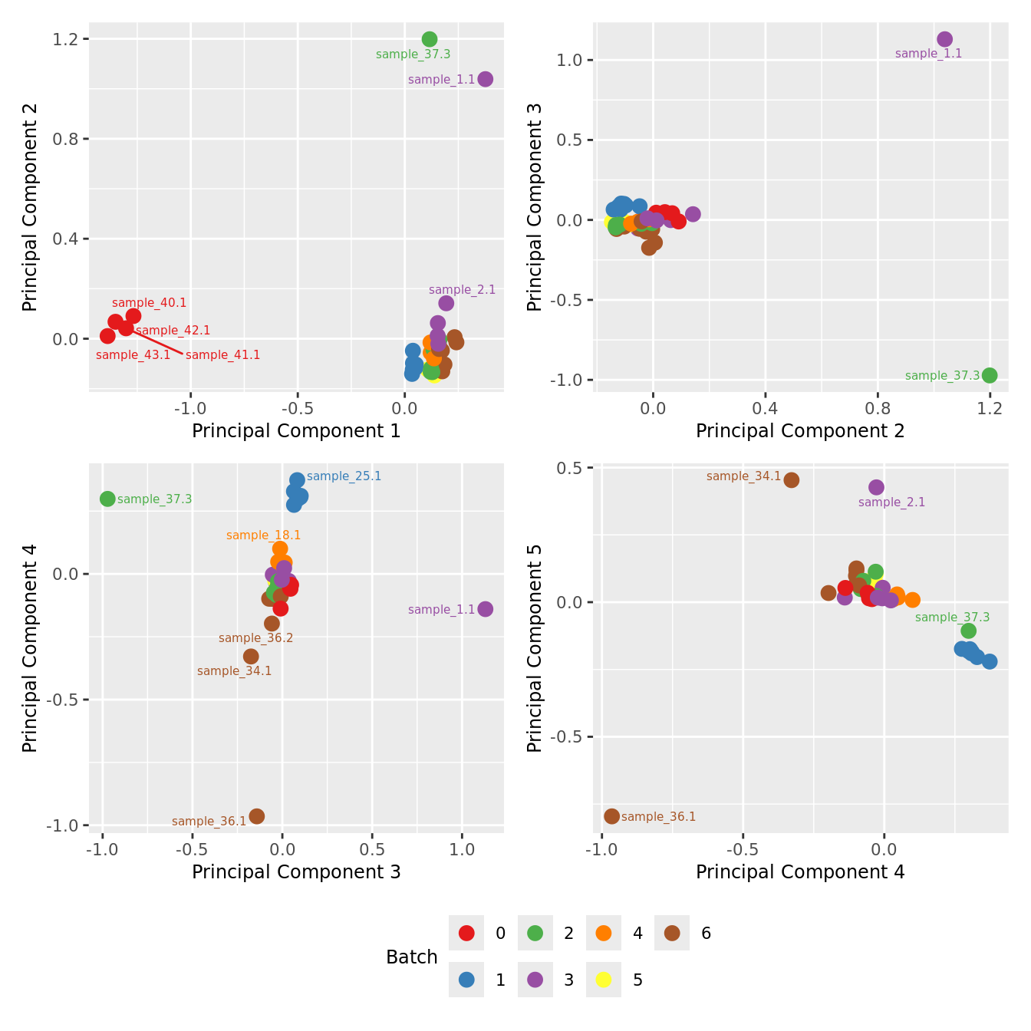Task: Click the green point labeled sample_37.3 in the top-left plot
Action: pos(430,39)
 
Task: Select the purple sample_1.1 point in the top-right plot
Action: pos(944,39)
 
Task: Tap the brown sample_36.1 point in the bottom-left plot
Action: pos(257,816)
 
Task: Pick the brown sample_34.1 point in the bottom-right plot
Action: pos(792,480)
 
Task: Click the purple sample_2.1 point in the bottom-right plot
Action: pos(876,487)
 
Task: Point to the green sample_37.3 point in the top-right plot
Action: pos(990,375)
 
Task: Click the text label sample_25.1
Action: pos(344,476)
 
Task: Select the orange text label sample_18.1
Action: pos(263,535)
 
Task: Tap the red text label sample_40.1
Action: pos(149,303)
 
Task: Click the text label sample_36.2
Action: pos(255,638)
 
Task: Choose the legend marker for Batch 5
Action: pos(604,980)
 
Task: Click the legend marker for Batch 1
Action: pos(466,980)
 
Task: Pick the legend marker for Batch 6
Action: pos(672,933)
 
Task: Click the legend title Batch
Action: pos(412,957)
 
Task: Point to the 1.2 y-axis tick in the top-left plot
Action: pos(66,39)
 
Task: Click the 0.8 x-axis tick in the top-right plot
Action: pos(878,408)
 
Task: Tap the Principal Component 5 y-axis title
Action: pos(535,648)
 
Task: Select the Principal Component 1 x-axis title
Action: pos(296,431)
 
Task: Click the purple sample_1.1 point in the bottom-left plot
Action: pos(485,609)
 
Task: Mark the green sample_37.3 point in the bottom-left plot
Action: pos(107,499)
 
